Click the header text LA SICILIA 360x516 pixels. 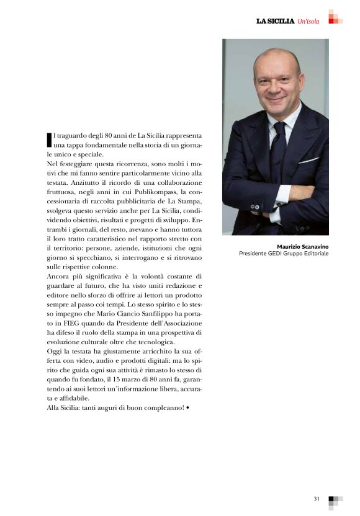pyautogui.click(x=275, y=21)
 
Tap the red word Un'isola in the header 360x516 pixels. pyautogui.click(x=308, y=21)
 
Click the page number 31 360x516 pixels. pyautogui.click(x=317, y=498)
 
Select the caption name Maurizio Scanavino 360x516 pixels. pyautogui.click(x=303, y=246)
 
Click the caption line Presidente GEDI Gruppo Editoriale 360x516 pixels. pyautogui.click(x=284, y=253)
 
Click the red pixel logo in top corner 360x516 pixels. pyautogui.click(x=335, y=17)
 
